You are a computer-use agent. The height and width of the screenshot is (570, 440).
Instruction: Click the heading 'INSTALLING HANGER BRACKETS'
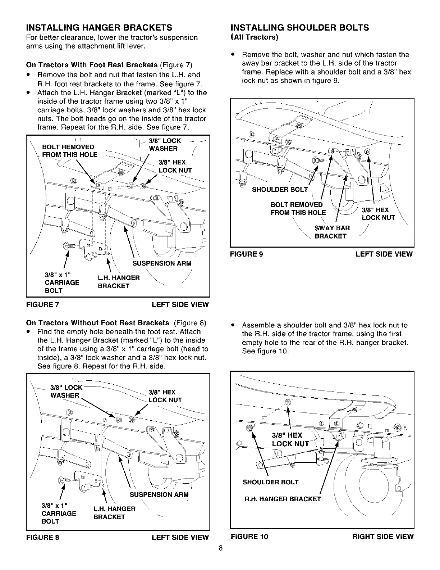(x=99, y=28)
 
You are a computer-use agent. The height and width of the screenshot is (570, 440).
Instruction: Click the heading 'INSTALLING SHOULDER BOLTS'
(x=299, y=28)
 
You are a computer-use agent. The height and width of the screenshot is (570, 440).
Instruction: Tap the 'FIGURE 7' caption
(x=43, y=305)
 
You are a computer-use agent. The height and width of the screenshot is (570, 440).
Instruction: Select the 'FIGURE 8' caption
(x=43, y=537)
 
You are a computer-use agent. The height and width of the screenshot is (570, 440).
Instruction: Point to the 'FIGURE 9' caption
(x=247, y=254)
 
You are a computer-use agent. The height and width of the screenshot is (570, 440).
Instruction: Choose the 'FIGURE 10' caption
(x=249, y=537)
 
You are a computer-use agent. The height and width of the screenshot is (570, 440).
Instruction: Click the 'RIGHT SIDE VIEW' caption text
(x=383, y=537)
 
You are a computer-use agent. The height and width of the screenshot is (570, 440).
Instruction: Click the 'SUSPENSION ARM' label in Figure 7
(x=162, y=263)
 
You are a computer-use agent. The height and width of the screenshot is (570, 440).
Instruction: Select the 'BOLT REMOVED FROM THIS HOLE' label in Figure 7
(x=70, y=151)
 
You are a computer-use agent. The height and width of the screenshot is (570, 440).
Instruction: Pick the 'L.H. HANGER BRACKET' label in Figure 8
(x=114, y=513)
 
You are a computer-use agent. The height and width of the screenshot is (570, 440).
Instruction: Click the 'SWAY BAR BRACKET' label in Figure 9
(x=332, y=232)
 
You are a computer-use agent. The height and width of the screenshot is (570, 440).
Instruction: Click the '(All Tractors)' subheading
(x=255, y=37)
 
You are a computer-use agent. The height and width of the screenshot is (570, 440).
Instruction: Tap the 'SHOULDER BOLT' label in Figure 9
(x=280, y=190)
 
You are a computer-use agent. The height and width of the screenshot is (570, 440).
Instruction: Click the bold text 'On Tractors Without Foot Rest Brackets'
(x=98, y=322)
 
